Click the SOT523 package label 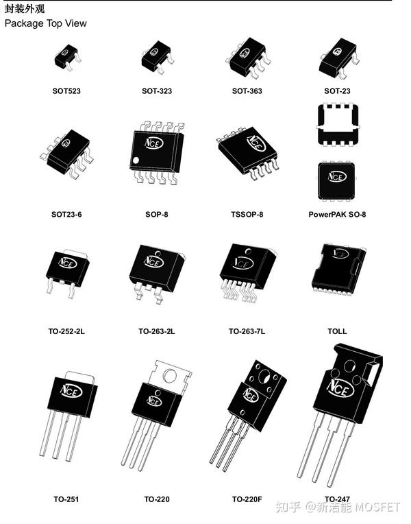tap(66, 91)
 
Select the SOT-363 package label tap(247, 91)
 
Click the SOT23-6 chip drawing tap(68, 152)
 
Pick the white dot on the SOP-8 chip tap(136, 160)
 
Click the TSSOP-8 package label tap(247, 214)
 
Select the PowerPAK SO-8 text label tap(337, 214)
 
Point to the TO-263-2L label tap(156, 331)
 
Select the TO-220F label tap(247, 499)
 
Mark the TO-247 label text tap(337, 499)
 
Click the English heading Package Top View tap(46, 23)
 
